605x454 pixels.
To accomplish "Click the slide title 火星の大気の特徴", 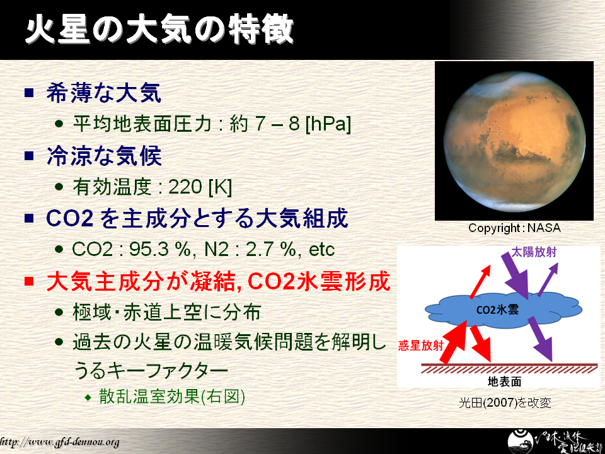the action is point(159,29).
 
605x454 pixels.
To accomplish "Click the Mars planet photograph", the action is point(514,141).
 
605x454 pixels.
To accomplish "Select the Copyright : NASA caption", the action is point(514,228).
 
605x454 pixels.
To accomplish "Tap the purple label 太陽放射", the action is point(534,252).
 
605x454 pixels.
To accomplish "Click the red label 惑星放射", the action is point(420,345).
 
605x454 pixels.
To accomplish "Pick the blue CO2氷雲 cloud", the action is point(503,310).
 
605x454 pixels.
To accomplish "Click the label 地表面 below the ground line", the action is point(505,381).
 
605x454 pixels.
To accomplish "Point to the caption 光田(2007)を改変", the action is point(505,403).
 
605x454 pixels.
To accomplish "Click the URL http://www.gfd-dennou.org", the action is point(59,442).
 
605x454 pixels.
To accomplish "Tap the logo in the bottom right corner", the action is point(552,441).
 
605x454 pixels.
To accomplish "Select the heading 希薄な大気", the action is point(103,93).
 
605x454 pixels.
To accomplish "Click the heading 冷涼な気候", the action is point(103,156).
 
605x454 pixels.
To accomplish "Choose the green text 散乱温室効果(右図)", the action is point(172,396).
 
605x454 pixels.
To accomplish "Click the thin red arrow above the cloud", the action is point(480,282).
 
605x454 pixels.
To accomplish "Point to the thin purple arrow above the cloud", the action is point(548,279).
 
